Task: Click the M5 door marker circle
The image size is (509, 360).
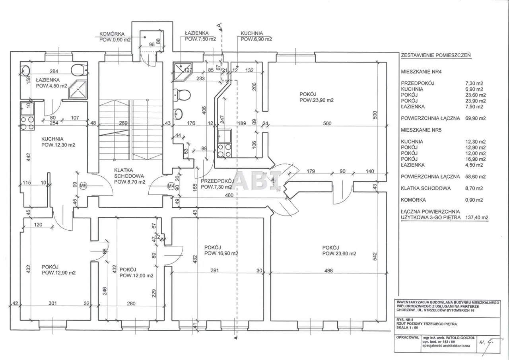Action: click(x=83, y=185)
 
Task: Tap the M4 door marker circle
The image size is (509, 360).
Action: click(x=171, y=185)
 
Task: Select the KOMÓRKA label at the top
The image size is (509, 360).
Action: click(x=113, y=34)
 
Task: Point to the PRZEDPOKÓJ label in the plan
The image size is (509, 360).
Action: click(x=216, y=181)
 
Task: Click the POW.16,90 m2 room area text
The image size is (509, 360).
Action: click(x=221, y=253)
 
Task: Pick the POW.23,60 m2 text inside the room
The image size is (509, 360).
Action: click(x=339, y=253)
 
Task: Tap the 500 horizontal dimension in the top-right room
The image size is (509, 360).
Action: click(x=327, y=124)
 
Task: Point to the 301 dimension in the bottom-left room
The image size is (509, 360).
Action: click(x=53, y=304)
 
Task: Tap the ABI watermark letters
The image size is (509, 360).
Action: click(x=258, y=181)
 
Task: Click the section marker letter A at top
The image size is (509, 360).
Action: click(x=219, y=25)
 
